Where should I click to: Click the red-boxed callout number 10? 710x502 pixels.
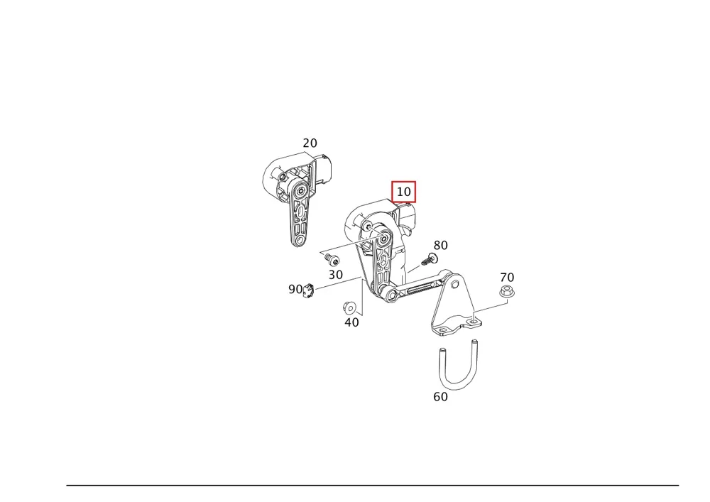[x=403, y=192]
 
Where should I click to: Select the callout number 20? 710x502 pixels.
[x=310, y=143]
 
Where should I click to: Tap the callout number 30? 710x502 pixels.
[x=336, y=275]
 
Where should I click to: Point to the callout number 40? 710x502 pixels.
[x=352, y=322]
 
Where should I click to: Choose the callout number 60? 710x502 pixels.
[x=441, y=396]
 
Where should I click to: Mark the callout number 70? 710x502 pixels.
[x=507, y=277]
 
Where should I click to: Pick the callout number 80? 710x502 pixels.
[x=441, y=245]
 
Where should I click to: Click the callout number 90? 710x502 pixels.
[x=295, y=289]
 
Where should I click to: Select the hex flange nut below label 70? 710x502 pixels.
[x=507, y=292]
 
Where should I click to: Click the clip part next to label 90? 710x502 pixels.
[x=308, y=290]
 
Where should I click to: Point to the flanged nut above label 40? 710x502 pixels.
[x=349, y=308]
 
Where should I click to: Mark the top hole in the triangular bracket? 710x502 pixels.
[x=454, y=285]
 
